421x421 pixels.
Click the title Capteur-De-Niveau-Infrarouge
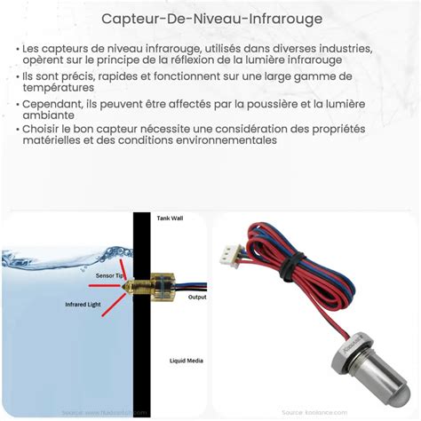click(x=210, y=18)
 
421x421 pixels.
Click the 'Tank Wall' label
click(x=170, y=218)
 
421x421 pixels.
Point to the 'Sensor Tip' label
click(x=108, y=275)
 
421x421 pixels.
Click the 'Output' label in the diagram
click(x=197, y=298)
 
